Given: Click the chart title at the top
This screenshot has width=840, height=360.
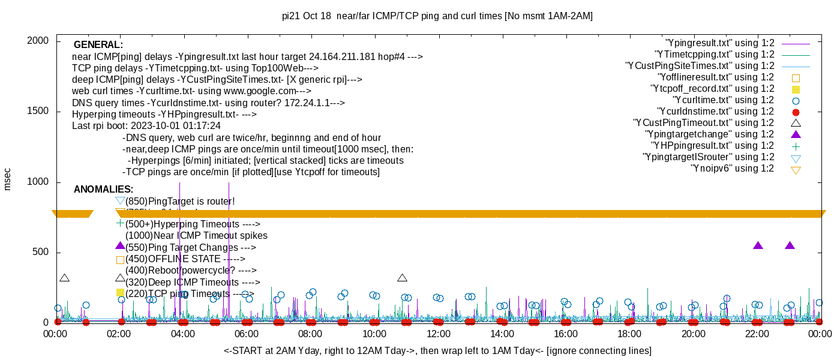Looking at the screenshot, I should point(437,16).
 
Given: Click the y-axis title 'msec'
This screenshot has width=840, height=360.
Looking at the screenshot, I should point(8,179).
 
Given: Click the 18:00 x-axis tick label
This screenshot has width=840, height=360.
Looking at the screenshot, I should point(629,334).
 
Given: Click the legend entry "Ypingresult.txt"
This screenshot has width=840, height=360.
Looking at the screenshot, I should point(720,43).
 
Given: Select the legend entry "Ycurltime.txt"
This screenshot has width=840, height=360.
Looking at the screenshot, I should point(723,100).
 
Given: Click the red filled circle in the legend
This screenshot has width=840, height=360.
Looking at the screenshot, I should point(796,112).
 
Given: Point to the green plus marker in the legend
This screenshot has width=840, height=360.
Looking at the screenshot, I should point(796,146).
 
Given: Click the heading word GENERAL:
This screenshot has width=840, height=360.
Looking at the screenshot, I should point(98,45).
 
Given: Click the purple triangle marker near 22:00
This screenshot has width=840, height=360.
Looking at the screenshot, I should point(758,245).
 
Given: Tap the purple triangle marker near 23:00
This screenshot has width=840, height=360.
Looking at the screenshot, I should point(790,245).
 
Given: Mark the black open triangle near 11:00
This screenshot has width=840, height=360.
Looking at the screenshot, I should point(402,278).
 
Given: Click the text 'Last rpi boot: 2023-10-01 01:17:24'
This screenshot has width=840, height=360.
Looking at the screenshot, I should point(146,126).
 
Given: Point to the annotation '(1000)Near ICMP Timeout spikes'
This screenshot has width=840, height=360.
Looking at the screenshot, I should point(196,236).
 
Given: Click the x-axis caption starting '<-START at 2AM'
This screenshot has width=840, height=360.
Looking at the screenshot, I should point(437,350).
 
